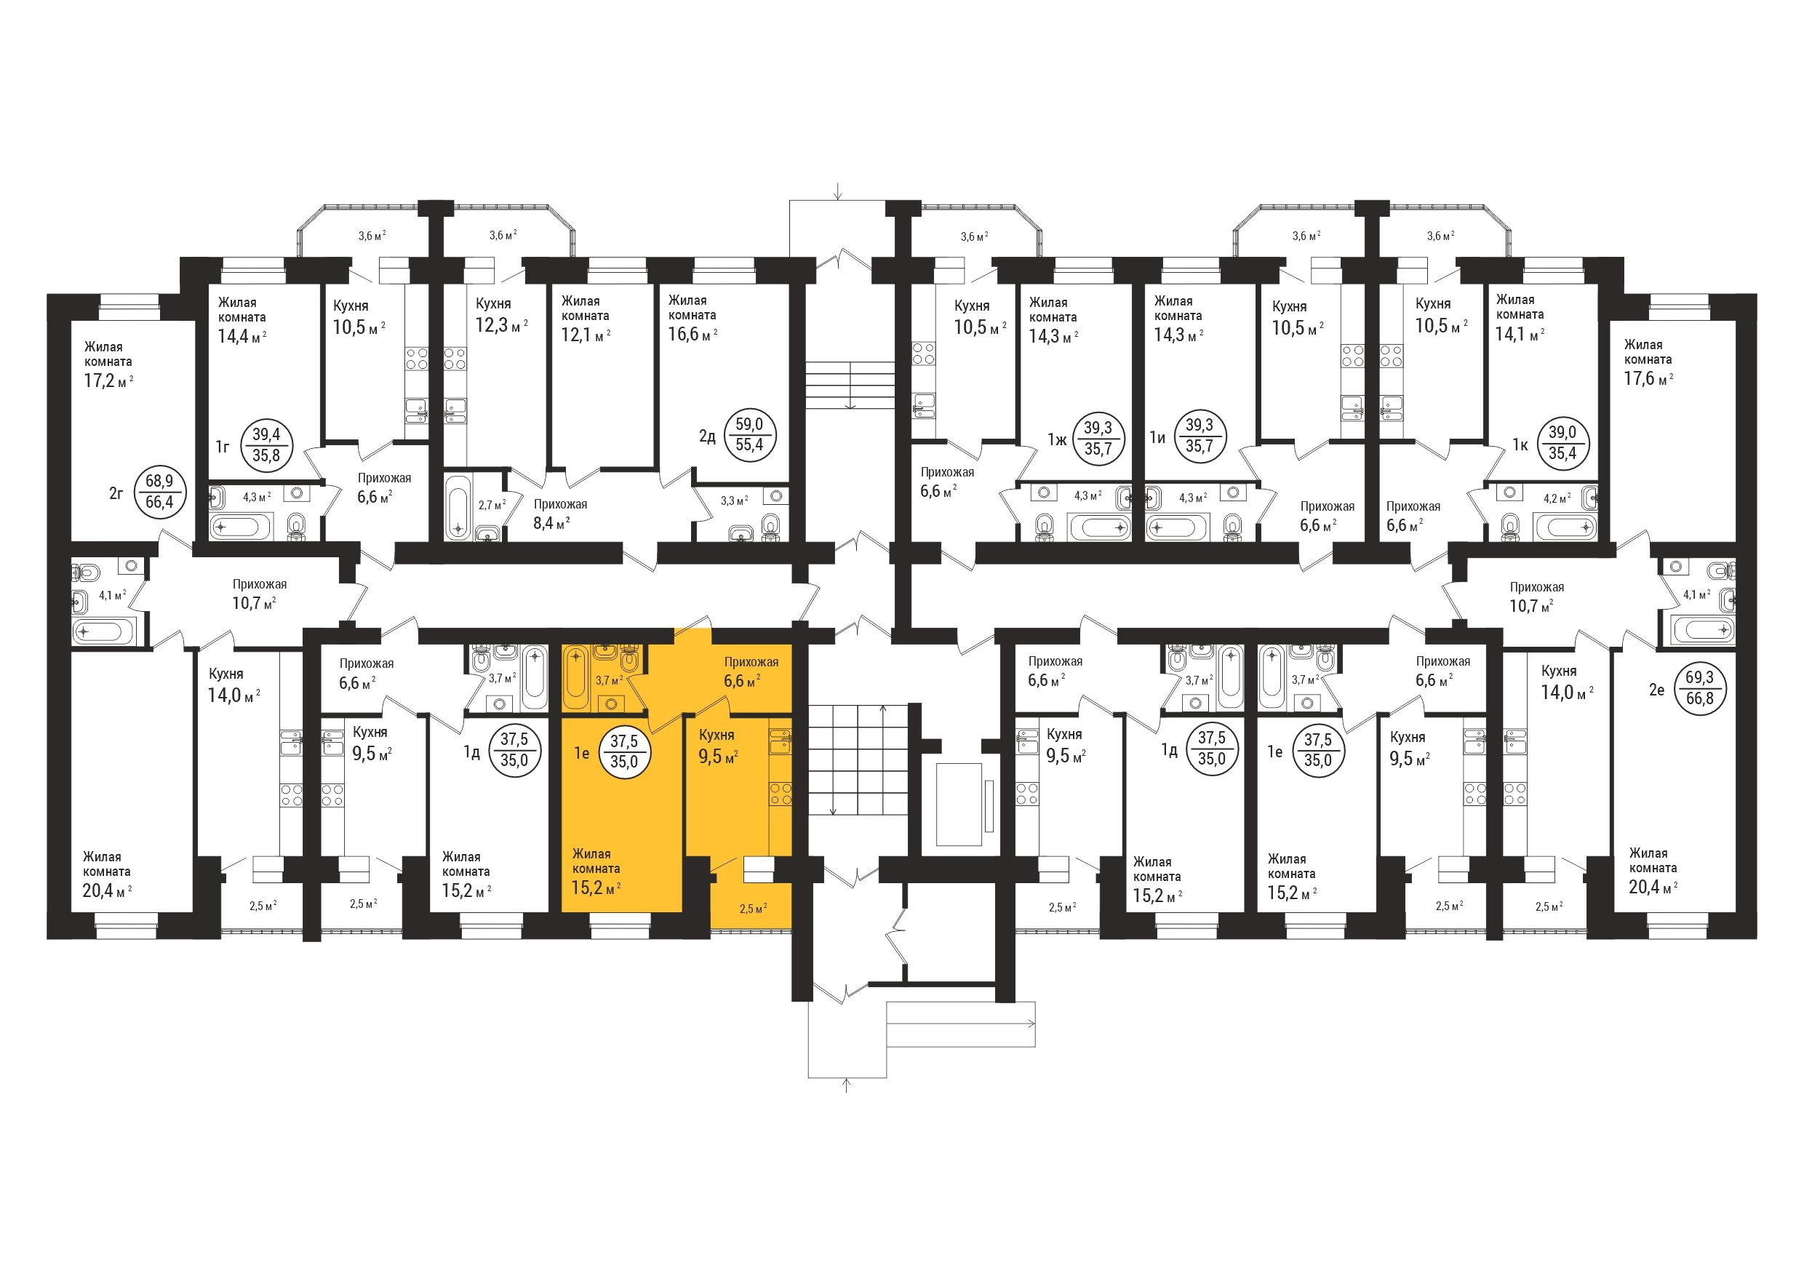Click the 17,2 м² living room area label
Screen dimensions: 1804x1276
pyautogui.click(x=108, y=382)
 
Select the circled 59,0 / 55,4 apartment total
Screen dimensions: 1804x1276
pyautogui.click(x=749, y=434)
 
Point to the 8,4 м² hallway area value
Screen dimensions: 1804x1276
pyautogui.click(x=551, y=522)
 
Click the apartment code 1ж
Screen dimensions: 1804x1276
pyautogui.click(x=1057, y=439)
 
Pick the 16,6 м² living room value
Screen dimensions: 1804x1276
pyautogui.click(x=693, y=334)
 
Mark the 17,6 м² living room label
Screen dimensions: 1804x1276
pyautogui.click(x=1648, y=378)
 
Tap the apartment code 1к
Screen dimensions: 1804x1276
pyautogui.click(x=1520, y=444)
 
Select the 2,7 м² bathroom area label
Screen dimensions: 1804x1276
pyautogui.click(x=492, y=503)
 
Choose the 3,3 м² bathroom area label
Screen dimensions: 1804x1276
pyautogui.click(x=734, y=500)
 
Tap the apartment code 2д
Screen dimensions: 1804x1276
pyautogui.click(x=707, y=435)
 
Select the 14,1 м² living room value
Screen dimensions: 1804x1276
pyautogui.click(x=1520, y=333)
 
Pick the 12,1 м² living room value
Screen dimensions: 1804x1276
pyautogui.click(x=586, y=335)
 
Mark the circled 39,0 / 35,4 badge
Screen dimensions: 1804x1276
pyautogui.click(x=1562, y=444)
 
